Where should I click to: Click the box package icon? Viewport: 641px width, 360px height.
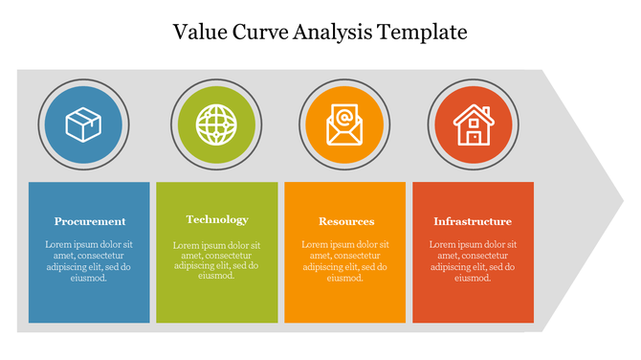click(x=82, y=124)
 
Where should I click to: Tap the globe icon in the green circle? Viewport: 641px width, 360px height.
click(x=213, y=124)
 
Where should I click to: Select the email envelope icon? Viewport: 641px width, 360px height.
click(x=343, y=124)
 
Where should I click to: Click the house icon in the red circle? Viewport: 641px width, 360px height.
click(x=473, y=124)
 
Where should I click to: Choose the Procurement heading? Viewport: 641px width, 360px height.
click(x=90, y=221)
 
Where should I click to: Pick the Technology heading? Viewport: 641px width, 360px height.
click(x=217, y=219)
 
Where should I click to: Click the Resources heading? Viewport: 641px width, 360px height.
click(x=345, y=221)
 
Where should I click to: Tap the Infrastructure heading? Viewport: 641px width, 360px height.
click(x=473, y=221)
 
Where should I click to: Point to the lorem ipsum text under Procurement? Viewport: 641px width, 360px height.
click(x=89, y=260)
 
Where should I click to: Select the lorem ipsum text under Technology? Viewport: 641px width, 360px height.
click(x=217, y=260)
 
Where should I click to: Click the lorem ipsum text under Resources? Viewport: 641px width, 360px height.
click(x=345, y=260)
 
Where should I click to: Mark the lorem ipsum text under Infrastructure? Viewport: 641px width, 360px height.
click(x=473, y=260)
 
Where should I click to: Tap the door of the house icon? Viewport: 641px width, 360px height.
click(x=474, y=136)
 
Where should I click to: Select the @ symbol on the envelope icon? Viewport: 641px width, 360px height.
click(x=343, y=120)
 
